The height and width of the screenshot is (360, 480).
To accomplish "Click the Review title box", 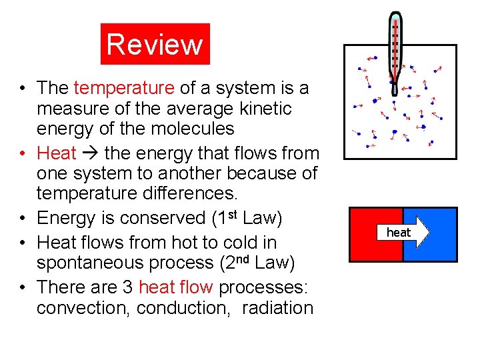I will coord(155,44).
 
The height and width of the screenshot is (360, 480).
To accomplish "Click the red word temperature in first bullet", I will coord(124,88).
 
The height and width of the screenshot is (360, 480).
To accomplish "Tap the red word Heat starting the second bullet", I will coord(57,153).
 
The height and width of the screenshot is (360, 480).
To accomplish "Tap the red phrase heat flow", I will coord(176,287).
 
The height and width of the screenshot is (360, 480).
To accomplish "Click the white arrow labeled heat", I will coord(403,232).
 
